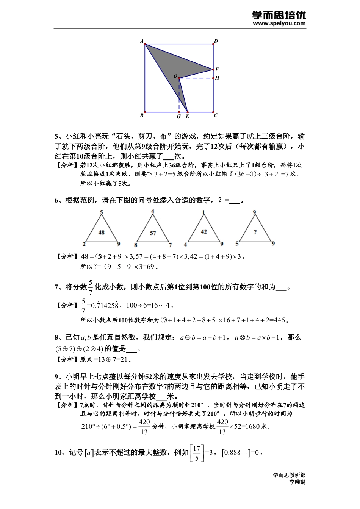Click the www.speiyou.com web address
click(x=279, y=23)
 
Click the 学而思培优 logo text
click(x=279, y=15)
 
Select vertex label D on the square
click(x=216, y=41)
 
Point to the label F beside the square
click(x=217, y=70)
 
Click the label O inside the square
click(x=175, y=76)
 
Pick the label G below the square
click(x=178, y=117)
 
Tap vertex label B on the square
click(x=142, y=116)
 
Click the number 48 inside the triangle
click(x=101, y=233)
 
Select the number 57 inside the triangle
click(x=153, y=233)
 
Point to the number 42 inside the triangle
click(x=204, y=231)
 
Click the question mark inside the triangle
click(x=255, y=232)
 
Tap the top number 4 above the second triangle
click(x=153, y=212)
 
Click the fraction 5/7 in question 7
click(x=91, y=287)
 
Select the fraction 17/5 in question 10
click(x=196, y=453)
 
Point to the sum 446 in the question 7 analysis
click(x=279, y=320)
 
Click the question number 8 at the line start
click(x=56, y=337)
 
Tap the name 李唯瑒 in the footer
click(x=297, y=482)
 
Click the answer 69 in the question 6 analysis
click(x=150, y=267)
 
